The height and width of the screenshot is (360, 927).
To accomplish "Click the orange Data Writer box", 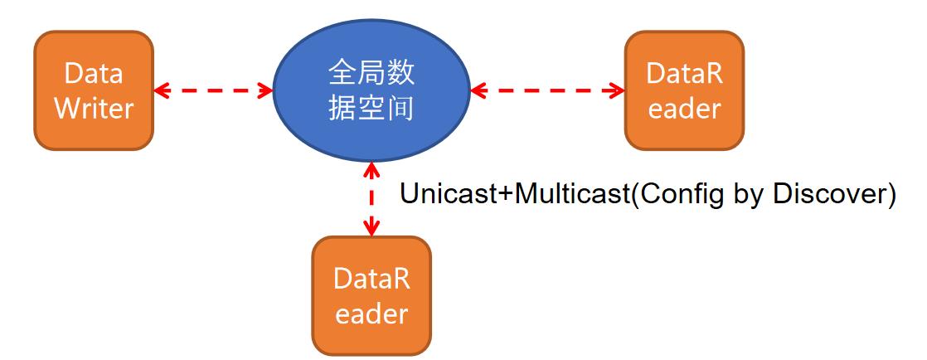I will (x=94, y=90).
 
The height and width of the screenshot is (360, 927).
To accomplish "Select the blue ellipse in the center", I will (x=371, y=90).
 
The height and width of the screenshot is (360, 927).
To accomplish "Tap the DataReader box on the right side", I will (x=684, y=90).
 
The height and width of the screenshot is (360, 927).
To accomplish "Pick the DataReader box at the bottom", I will (x=371, y=296).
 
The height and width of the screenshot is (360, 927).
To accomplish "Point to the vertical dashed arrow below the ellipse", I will (x=372, y=199).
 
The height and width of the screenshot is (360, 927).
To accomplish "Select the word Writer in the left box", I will (x=94, y=109).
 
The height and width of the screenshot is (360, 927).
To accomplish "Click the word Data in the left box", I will (x=94, y=74).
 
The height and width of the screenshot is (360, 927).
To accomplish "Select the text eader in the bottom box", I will (x=371, y=314).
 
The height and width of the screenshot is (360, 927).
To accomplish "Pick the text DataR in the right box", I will (x=684, y=74).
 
